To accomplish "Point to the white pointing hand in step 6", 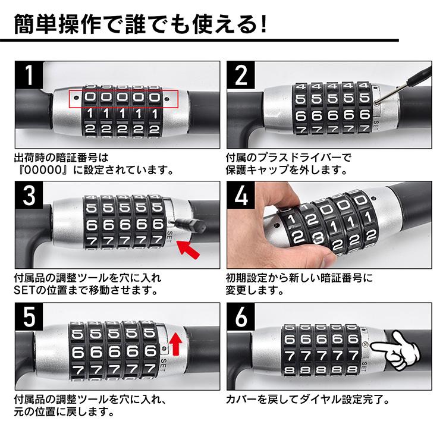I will click(x=396, y=350).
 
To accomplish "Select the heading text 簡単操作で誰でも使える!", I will click(x=139, y=24).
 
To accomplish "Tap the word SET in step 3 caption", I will click(x=24, y=291).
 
